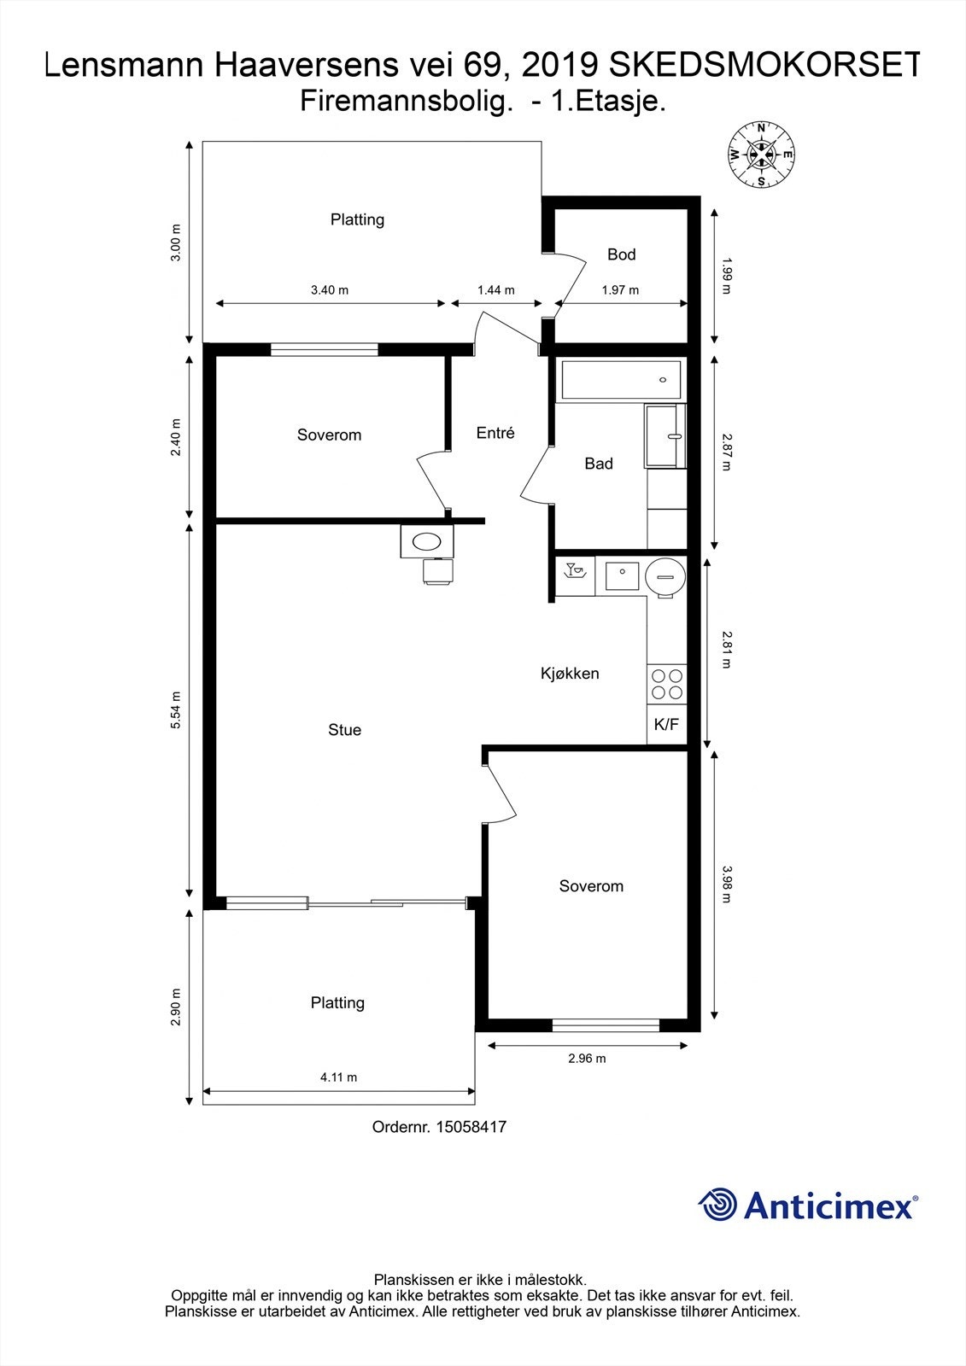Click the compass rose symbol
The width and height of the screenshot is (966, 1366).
tap(760, 155)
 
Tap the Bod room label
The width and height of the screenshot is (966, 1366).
tap(621, 254)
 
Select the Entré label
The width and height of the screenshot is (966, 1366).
tap(495, 433)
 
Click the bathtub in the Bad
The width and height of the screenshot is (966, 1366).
tap(620, 380)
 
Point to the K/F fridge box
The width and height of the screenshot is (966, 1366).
tap(666, 725)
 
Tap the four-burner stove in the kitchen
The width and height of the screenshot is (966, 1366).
tap(667, 684)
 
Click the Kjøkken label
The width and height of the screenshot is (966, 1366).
tap(570, 674)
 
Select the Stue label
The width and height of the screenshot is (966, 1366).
tap(344, 730)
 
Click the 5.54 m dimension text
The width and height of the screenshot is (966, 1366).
tap(176, 709)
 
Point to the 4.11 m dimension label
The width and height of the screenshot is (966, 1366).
tap(338, 1077)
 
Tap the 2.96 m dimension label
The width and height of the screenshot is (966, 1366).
tap(587, 1059)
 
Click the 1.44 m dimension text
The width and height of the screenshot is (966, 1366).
tap(495, 290)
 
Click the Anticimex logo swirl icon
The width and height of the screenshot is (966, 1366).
tap(717, 1205)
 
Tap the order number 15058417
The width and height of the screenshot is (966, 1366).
tap(471, 1127)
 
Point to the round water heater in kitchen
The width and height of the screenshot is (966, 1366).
tap(665, 575)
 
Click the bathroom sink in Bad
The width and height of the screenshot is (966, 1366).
tap(666, 436)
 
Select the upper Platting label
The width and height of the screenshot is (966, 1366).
tap(357, 219)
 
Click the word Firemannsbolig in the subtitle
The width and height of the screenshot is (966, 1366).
tap(406, 102)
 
